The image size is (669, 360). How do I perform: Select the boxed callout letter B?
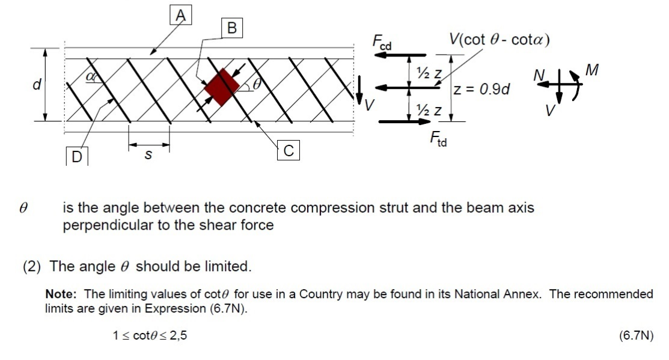pyautogui.click(x=231, y=28)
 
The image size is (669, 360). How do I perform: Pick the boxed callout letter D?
pyautogui.click(x=76, y=157)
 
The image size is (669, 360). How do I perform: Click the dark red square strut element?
pyautogui.click(x=221, y=87)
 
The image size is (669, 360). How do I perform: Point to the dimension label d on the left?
pyautogui.click(x=37, y=85)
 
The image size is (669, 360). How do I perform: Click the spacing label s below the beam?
pyautogui.click(x=149, y=156)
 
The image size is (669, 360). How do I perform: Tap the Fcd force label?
pyautogui.click(x=382, y=42)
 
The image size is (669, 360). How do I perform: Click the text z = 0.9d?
pyautogui.click(x=482, y=90)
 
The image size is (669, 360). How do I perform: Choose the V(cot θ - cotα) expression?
pyautogui.click(x=499, y=40)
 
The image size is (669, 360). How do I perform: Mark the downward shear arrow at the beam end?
pyautogui.click(x=361, y=88)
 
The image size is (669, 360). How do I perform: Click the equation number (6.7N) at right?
pyautogui.click(x=635, y=335)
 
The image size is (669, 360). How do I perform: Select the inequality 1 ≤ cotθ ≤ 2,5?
pyautogui.click(x=150, y=335)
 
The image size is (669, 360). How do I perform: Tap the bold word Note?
pyautogui.click(x=63, y=294)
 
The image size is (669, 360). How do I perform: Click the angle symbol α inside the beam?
pyautogui.click(x=91, y=76)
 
